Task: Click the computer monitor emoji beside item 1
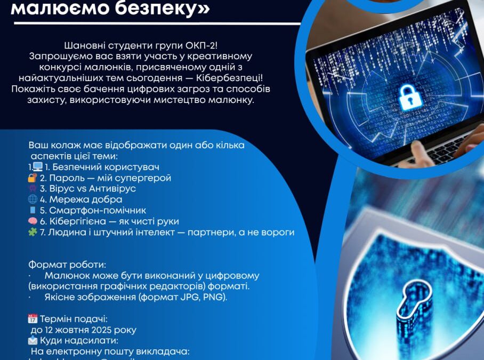[38, 167]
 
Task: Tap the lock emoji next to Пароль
[33, 178]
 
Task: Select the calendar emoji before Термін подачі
[33, 319]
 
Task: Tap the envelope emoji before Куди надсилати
[33, 340]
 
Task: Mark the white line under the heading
[155, 23]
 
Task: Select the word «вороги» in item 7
[279, 232]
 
